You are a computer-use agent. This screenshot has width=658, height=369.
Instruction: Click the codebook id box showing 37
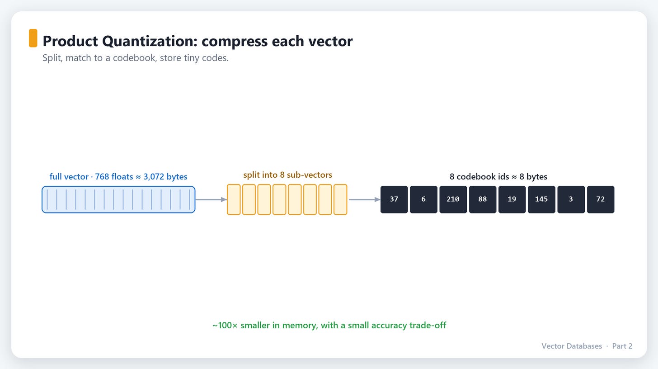click(x=394, y=199)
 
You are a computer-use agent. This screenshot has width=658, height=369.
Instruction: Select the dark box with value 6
click(x=423, y=199)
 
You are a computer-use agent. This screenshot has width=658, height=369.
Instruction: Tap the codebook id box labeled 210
click(x=453, y=199)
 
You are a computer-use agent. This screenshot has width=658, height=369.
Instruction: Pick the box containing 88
click(x=483, y=199)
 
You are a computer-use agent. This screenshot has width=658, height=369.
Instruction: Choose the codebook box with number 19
click(x=512, y=199)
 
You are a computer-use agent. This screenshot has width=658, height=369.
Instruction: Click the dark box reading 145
click(x=541, y=199)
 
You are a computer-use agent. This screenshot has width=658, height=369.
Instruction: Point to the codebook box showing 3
click(x=571, y=199)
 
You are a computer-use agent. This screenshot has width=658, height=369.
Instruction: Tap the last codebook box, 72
click(x=601, y=199)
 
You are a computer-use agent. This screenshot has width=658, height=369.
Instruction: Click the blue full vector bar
click(x=118, y=199)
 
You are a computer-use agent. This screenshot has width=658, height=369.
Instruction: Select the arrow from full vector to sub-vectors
click(x=211, y=199)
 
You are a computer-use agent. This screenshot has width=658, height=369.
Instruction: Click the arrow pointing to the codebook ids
click(x=365, y=199)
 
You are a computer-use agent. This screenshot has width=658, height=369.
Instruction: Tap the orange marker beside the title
click(x=33, y=38)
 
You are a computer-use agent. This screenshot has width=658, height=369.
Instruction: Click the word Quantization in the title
click(x=150, y=41)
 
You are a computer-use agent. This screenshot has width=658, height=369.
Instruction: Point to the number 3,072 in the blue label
click(x=154, y=176)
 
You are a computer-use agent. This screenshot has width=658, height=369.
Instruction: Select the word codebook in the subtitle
click(x=134, y=57)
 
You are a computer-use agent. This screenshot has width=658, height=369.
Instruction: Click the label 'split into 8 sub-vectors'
click(x=287, y=175)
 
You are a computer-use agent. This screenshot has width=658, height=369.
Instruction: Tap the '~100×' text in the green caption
click(x=225, y=325)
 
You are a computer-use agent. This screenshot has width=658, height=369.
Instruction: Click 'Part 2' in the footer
click(x=622, y=346)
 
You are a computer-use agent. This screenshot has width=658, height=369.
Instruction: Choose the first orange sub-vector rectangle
click(x=234, y=199)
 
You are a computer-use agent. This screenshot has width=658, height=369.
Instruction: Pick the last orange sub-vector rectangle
click(x=340, y=199)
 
